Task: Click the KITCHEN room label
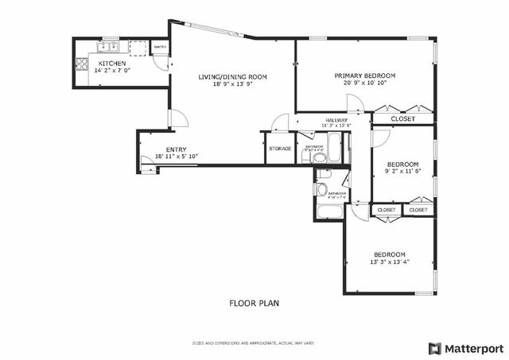111,63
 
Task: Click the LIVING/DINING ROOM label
232,77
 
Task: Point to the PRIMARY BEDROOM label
364,75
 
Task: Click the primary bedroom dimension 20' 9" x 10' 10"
364,83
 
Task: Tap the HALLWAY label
336,120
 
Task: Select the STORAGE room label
280,149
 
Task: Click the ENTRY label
176,149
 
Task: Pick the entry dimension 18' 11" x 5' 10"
176,157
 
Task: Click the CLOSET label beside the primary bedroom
403,118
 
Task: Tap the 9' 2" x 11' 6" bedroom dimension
402,172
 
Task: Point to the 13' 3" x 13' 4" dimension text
390,262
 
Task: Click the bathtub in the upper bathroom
336,148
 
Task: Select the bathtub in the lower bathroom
328,212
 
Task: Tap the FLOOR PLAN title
254,303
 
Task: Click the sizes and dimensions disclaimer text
254,343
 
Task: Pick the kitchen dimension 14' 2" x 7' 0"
111,71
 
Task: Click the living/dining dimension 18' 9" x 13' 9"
232,85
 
